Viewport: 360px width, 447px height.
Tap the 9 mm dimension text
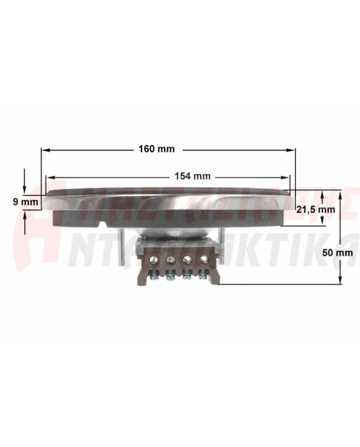pyautogui.click(x=26, y=202)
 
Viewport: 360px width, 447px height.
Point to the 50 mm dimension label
pyautogui.click(x=337, y=253)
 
